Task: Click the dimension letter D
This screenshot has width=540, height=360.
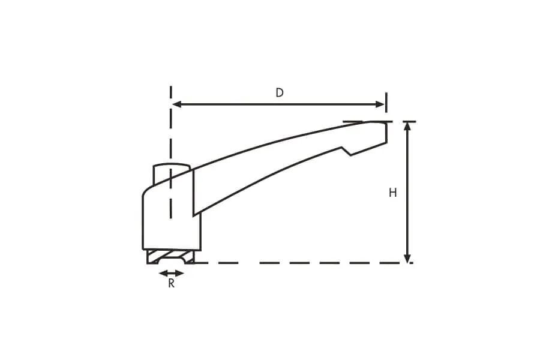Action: tap(280, 92)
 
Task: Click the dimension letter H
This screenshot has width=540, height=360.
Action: tap(392, 193)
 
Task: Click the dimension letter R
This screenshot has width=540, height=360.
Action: tap(171, 284)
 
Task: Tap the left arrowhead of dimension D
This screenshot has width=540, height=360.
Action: tap(177, 104)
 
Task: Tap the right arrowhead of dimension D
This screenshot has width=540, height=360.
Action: tap(380, 104)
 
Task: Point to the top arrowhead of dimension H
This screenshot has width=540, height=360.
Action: tap(407, 127)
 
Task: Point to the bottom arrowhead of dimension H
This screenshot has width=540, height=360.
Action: tap(407, 258)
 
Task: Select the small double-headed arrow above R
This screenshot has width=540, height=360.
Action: tap(172, 274)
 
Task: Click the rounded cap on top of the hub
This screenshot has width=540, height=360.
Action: tap(171, 168)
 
